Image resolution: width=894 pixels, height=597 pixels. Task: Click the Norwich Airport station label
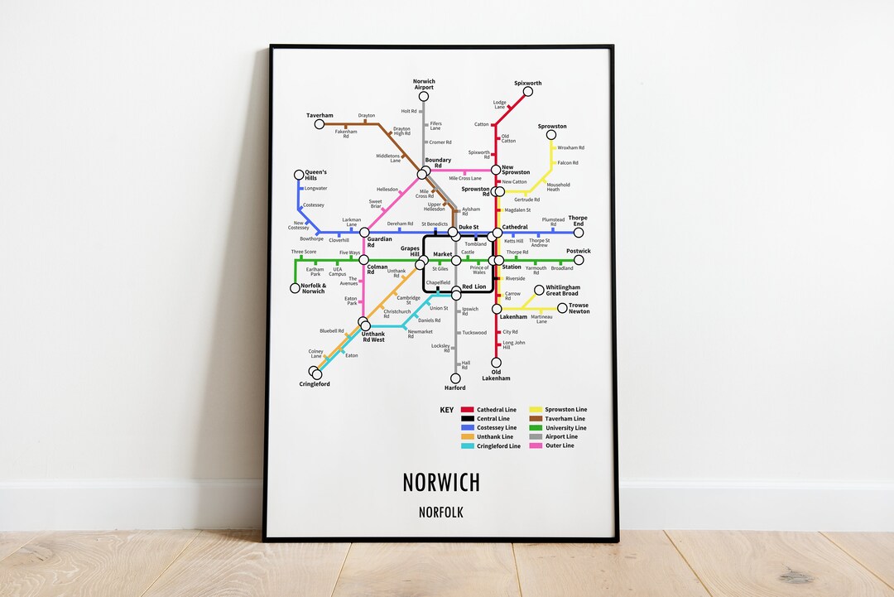coord(423,84)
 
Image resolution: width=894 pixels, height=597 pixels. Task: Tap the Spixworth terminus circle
coord(527,91)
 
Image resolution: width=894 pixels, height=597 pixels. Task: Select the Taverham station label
coord(319,116)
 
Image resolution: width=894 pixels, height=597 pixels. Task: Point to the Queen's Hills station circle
coord(299,176)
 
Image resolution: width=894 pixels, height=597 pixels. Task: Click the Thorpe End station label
coord(577,221)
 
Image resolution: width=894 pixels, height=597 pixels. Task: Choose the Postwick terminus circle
coord(579,260)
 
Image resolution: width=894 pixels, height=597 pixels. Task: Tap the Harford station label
coord(455,388)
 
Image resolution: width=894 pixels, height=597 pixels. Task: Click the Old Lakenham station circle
coord(497,362)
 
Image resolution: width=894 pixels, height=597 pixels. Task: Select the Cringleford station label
coord(315,384)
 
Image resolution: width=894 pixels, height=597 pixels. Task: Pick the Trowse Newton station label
coord(579,308)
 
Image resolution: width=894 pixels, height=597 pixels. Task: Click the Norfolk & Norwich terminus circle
coord(296,288)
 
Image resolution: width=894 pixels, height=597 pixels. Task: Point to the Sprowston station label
coord(552,127)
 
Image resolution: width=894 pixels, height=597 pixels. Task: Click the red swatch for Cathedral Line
coord(468,410)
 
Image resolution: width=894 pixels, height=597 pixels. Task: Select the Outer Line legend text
coord(560,445)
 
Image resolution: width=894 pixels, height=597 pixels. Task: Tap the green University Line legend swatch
coord(536,428)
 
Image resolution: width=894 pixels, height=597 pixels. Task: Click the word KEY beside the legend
coord(447,410)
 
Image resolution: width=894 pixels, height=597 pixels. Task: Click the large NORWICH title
coord(441,483)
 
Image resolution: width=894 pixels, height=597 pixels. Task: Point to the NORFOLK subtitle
coord(441,513)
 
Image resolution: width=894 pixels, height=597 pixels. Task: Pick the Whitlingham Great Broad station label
coord(563,291)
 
